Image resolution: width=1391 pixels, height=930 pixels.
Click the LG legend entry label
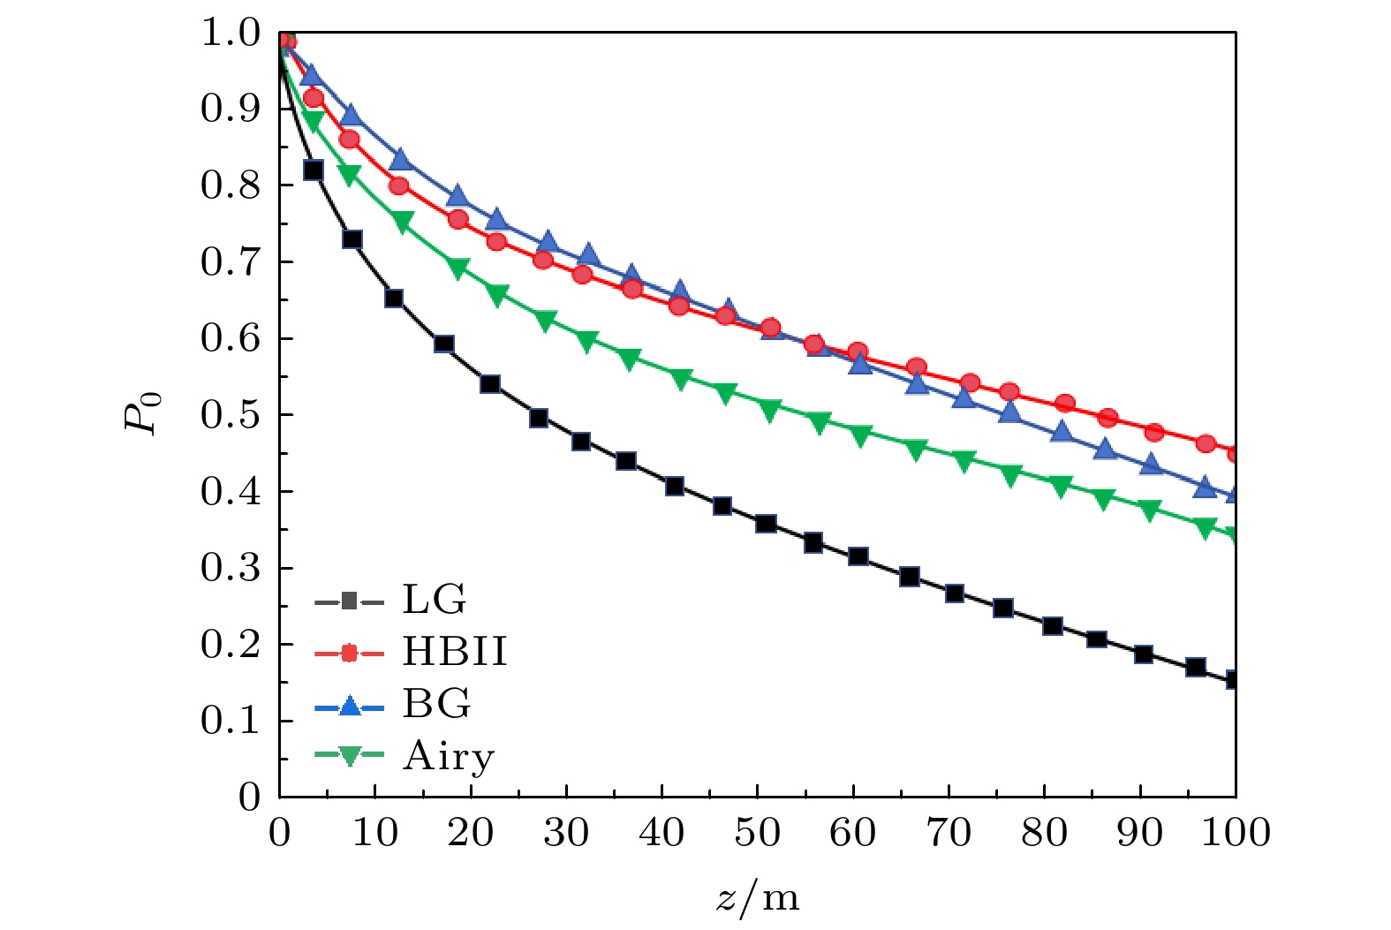click(434, 600)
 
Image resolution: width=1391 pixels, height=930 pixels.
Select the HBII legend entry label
click(455, 652)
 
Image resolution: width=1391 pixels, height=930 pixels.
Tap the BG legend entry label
click(436, 704)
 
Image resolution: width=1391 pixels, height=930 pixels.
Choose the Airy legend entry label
click(449, 757)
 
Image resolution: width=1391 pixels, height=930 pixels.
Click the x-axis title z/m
click(757, 897)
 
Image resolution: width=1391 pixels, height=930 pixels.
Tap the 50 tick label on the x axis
click(757, 832)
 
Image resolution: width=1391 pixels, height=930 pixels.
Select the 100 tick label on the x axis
click(1236, 832)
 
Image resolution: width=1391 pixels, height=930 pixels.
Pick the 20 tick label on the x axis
click(471, 832)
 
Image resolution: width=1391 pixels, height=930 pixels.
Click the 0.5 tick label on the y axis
click(231, 415)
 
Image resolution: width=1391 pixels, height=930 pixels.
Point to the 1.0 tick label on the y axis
click(231, 33)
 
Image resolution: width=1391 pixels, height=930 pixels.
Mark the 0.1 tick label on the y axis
click(231, 721)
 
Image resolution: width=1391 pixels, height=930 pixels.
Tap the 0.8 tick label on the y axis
click(231, 185)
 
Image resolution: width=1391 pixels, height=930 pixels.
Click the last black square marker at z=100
click(1233, 680)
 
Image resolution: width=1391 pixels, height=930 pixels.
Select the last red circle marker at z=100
click(1234, 453)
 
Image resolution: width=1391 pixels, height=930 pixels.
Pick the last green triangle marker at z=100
click(1233, 534)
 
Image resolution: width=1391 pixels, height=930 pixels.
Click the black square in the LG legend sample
click(349, 602)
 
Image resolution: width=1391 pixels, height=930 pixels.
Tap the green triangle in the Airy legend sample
click(349, 756)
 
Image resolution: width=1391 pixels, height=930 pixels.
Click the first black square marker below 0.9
click(313, 170)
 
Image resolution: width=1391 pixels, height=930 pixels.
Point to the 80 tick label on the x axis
click(1044, 832)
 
